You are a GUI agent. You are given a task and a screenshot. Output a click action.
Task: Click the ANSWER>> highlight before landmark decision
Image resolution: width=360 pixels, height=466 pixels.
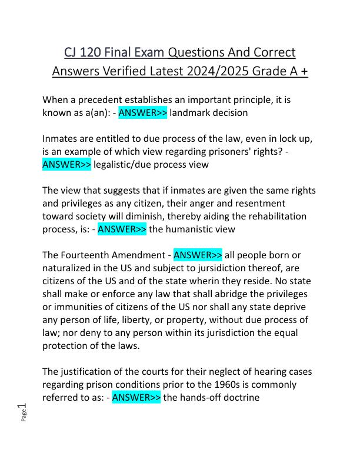point(143,112)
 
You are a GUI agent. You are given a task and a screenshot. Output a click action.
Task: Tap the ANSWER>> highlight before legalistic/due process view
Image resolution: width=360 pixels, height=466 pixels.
point(66,165)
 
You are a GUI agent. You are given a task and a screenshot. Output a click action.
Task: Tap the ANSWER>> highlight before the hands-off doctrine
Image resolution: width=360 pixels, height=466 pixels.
point(136,397)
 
